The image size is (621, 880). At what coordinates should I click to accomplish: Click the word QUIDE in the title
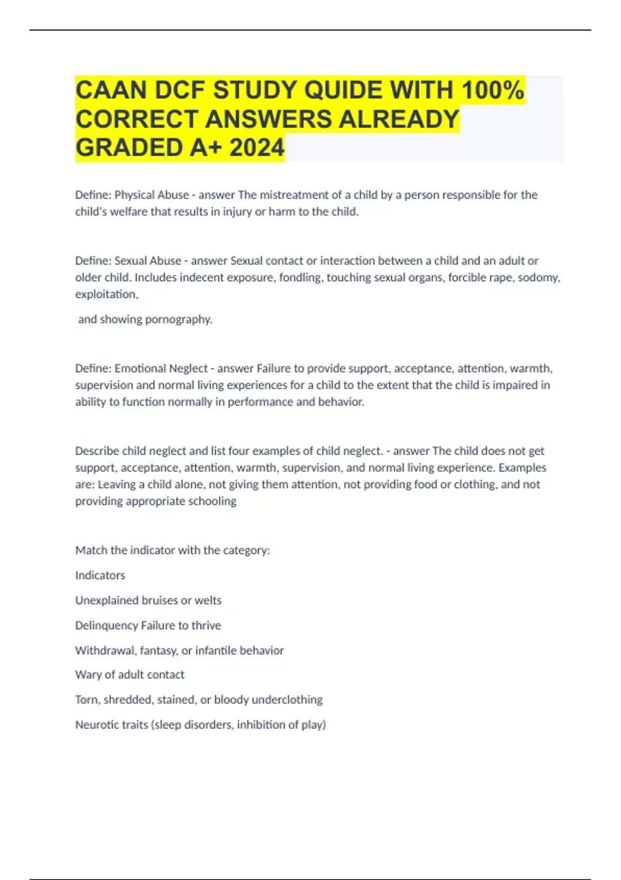tap(343, 90)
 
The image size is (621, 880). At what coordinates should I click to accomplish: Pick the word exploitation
tap(106, 294)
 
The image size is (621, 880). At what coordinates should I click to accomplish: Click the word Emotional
tap(139, 369)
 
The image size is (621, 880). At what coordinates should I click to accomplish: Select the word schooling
tap(212, 501)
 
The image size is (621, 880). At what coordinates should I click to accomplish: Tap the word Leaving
tap(116, 485)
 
